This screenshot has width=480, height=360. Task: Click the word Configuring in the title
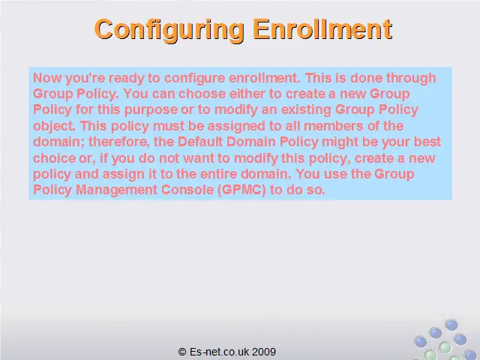pos(169,30)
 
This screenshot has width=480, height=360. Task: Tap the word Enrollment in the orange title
pos(323,29)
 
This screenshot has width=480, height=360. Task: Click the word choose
pos(202,94)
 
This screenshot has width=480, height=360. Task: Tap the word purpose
pos(151,110)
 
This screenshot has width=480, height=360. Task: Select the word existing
pos(306,110)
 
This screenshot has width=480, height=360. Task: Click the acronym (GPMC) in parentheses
pos(241,190)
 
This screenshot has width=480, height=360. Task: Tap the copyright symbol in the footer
pos(182,352)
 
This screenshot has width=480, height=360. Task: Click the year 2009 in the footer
pos(264,352)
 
